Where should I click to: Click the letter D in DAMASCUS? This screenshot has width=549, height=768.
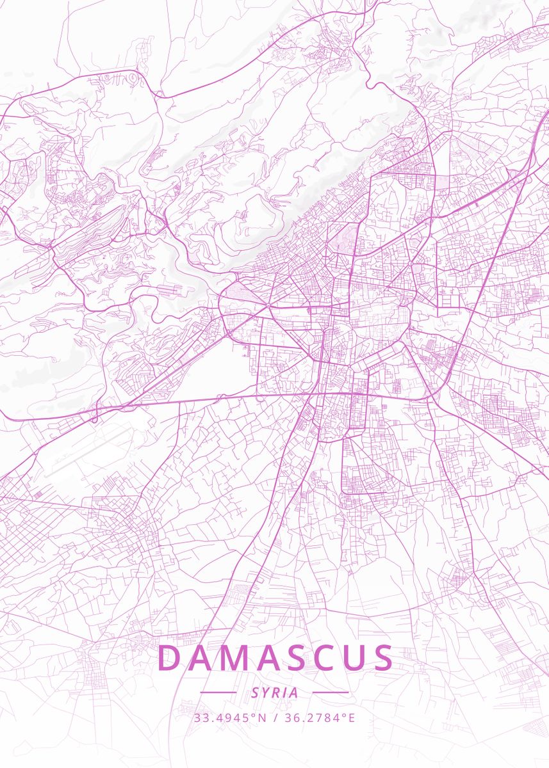(x=170, y=657)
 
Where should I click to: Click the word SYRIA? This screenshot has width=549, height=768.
(x=275, y=692)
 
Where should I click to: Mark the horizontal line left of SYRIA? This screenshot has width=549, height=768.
(x=218, y=692)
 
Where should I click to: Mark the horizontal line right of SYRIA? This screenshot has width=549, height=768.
(x=331, y=692)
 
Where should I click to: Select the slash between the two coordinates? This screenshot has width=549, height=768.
(x=275, y=717)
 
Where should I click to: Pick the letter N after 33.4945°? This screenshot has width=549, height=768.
(x=261, y=717)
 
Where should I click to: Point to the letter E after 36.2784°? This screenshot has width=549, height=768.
(x=351, y=717)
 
